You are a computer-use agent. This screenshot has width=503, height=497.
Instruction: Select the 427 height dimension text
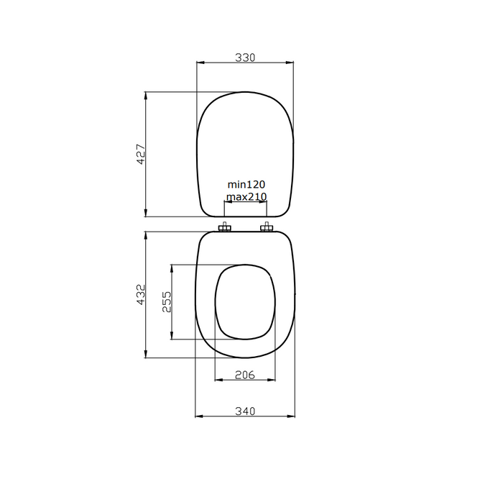coord(141,154)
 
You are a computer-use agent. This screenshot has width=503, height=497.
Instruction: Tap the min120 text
coord(246,185)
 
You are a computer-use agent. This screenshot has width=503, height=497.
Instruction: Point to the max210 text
coord(246,196)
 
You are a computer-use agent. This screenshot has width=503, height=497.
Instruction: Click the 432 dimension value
coord(141,295)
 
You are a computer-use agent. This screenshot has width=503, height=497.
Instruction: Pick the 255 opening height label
coord(166,302)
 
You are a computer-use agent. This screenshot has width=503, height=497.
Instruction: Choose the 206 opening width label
coord(245,374)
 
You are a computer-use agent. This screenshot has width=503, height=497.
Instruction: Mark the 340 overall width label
coord(245,411)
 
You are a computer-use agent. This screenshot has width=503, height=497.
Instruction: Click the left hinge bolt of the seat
coord(224,229)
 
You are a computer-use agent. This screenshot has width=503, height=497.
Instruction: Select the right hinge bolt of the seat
coord(267,229)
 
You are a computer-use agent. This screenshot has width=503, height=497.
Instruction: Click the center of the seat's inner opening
coord(245,302)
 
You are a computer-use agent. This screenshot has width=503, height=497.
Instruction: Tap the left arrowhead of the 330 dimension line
coord(199,63)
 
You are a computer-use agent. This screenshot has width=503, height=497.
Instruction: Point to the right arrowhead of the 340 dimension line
coord(291,416)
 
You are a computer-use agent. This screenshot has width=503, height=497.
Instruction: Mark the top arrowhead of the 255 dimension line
coord(171,268)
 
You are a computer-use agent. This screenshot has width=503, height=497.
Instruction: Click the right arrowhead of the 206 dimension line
coord(272,380)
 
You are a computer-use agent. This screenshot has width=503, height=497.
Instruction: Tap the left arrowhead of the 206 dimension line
coord(218,380)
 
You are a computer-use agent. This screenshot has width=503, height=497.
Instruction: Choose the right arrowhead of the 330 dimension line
coord(291,63)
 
